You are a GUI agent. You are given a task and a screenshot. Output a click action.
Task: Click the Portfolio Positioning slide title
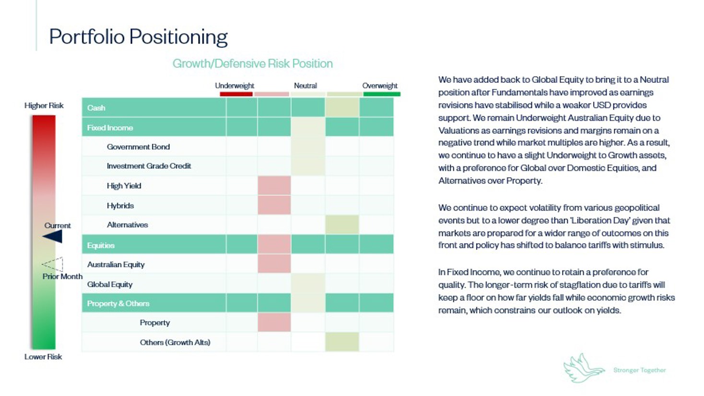coord(138,37)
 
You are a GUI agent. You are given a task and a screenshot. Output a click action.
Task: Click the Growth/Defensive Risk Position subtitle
coord(252,64)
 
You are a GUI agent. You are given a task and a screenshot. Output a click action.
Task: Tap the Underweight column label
coord(235,86)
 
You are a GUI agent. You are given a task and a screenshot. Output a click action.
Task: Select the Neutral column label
coord(305,86)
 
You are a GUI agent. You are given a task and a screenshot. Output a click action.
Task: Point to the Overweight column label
coord(380,86)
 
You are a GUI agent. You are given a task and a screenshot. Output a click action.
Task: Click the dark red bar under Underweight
coord(236,94)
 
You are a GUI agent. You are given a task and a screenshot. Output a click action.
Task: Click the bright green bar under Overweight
coord(382,94)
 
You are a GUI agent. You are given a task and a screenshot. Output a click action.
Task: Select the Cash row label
coord(96,108)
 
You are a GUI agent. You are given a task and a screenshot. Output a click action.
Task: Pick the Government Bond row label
coord(138,147)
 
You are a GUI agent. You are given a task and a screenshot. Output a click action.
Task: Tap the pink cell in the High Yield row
coord(274,185)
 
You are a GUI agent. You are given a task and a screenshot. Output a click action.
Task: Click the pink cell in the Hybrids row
coord(274,205)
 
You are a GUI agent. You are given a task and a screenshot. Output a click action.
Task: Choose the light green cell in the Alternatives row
coord(342,225)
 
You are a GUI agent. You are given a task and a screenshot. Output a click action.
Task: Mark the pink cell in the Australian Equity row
coord(274,264)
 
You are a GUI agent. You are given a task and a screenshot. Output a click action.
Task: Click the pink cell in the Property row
coord(274,322)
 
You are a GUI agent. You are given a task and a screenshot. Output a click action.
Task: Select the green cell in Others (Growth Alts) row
coord(342,342)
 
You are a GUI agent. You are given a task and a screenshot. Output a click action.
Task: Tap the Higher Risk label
coord(44,105)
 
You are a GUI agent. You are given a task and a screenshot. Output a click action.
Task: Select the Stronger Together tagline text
coord(639,370)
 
